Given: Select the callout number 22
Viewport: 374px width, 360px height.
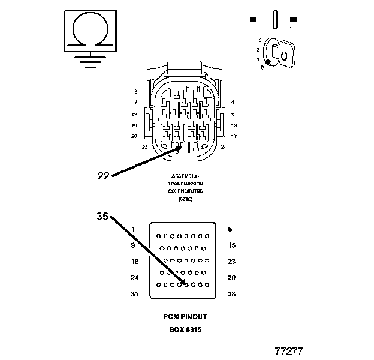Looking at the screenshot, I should tap(104, 175).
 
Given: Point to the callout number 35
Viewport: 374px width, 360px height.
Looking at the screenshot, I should tap(102, 217).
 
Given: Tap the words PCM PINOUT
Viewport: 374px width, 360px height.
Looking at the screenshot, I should tap(185, 316).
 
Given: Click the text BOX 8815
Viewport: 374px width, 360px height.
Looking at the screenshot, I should tap(185, 329).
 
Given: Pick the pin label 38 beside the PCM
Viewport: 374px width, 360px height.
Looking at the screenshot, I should tap(231, 294).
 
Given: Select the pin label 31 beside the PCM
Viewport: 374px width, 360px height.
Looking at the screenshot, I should tap(135, 294).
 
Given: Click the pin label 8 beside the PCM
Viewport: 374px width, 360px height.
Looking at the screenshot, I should tap(230, 229).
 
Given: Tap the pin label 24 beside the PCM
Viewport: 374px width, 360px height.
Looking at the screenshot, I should tap(135, 278).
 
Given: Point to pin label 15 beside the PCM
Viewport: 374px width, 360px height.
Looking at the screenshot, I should tap(231, 245).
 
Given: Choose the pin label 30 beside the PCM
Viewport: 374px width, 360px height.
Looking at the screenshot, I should tap(231, 278).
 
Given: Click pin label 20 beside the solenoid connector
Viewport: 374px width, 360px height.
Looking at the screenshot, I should tap(135, 136).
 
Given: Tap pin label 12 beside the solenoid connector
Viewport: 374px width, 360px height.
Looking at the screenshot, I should tap(135, 114).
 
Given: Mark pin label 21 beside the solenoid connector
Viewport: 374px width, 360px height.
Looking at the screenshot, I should tap(223, 147).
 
